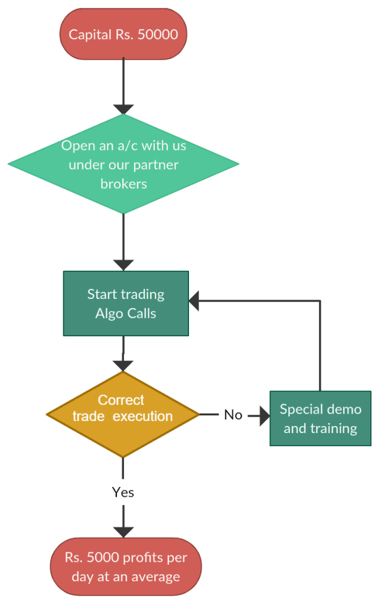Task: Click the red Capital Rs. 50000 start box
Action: (123, 34)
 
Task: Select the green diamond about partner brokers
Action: (123, 164)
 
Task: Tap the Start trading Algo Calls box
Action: (126, 303)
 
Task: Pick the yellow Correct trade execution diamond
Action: (123, 414)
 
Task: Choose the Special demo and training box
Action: (320, 418)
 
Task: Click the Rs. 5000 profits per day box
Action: (125, 567)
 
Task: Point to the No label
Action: (233, 415)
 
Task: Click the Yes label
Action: (123, 492)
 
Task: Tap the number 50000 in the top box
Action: (157, 34)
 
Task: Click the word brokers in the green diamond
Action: (123, 184)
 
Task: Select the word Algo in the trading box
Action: (107, 313)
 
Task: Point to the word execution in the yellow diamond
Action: (143, 416)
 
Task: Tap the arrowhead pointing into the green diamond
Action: (123, 109)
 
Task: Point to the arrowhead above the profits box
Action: (123, 531)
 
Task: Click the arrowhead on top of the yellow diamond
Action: (123, 365)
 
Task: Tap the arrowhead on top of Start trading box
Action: (123, 265)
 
